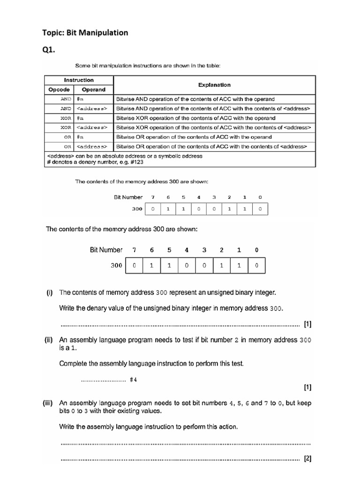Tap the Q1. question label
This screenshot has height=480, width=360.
[49, 51]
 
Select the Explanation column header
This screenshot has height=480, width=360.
[214, 85]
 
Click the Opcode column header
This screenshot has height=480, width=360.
[59, 90]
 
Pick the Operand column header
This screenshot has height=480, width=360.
[93, 90]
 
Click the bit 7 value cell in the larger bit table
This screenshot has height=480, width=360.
[135, 266]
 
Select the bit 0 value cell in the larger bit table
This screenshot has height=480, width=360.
[256, 266]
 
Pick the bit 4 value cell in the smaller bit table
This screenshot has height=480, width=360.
[198, 209]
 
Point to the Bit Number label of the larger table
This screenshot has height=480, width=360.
[106, 250]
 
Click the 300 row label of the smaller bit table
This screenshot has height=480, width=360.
[136, 209]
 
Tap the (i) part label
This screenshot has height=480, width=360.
[49, 292]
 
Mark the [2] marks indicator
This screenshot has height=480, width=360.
[307, 459]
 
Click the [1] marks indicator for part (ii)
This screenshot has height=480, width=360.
[307, 388]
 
